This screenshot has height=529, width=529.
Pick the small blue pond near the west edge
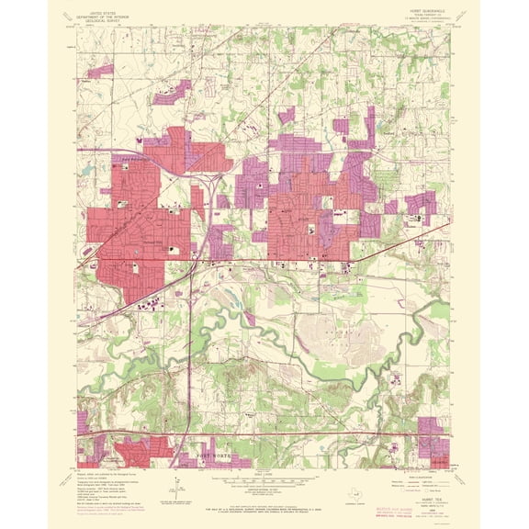[113, 171]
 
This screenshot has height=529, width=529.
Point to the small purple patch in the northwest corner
[101, 69]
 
